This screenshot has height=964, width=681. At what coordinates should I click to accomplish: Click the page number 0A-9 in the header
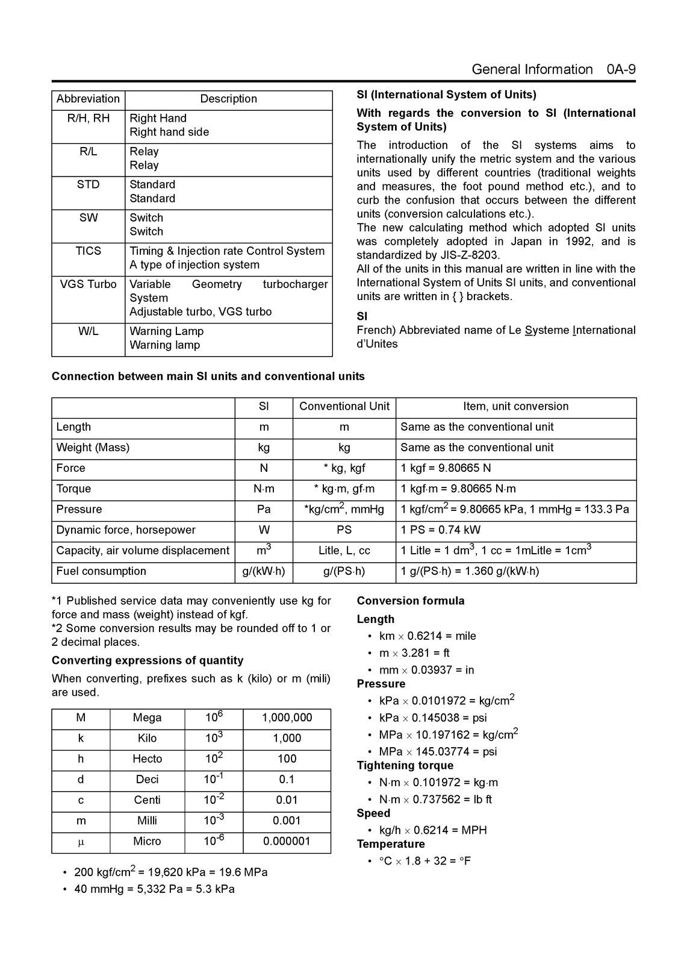tap(621, 69)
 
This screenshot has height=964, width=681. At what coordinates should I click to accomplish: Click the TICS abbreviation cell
tap(88, 251)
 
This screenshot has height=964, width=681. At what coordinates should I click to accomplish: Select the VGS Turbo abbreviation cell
tap(88, 284)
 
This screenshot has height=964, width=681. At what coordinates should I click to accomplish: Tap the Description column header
tap(228, 99)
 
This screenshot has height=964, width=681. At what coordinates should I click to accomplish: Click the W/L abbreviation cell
tap(88, 331)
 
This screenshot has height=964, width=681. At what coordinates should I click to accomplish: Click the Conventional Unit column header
tap(344, 407)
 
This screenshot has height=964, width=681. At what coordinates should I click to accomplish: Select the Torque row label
tap(73, 489)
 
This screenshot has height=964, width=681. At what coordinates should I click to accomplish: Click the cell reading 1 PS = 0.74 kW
tap(441, 530)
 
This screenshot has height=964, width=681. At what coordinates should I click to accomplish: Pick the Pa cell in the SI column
tap(264, 510)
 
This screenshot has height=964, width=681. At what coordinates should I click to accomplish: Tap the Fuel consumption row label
tap(101, 571)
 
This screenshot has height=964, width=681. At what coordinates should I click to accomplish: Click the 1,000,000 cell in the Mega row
tap(287, 718)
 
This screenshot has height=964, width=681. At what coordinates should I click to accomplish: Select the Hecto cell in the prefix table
tap(147, 759)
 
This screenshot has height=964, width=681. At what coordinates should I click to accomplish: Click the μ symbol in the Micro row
tap(81, 842)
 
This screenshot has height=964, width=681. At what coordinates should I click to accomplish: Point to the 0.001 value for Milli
tap(287, 821)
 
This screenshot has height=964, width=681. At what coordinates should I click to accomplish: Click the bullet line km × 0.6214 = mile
tap(427, 636)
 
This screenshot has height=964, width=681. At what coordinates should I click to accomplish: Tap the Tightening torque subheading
tap(405, 766)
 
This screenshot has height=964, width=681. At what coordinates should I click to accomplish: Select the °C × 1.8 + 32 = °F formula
tap(425, 861)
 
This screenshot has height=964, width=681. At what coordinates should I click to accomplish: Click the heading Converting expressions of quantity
tap(148, 660)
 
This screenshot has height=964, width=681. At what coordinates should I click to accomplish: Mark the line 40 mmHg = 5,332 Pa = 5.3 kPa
tap(154, 889)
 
